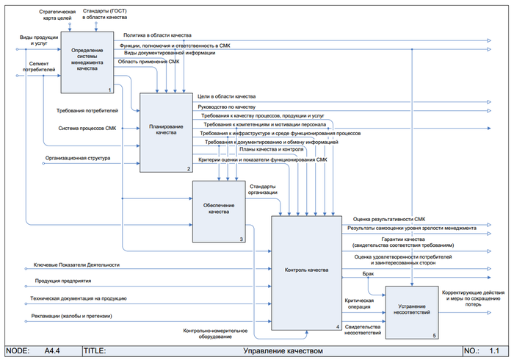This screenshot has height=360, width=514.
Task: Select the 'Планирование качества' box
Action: [x=167, y=130]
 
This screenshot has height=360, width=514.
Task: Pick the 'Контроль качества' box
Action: [x=306, y=270]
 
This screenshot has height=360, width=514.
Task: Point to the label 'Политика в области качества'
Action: [x=157, y=35]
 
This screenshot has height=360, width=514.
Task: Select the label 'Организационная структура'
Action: [x=78, y=158]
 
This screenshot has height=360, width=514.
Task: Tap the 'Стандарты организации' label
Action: [x=263, y=190]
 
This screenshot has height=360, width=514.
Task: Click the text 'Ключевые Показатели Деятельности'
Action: [x=76, y=264]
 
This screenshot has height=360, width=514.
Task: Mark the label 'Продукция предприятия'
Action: [x=62, y=281]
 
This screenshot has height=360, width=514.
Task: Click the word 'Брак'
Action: [x=369, y=273]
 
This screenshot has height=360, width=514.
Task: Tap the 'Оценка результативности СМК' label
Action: [x=388, y=219]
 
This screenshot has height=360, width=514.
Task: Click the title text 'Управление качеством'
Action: [x=283, y=351]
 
